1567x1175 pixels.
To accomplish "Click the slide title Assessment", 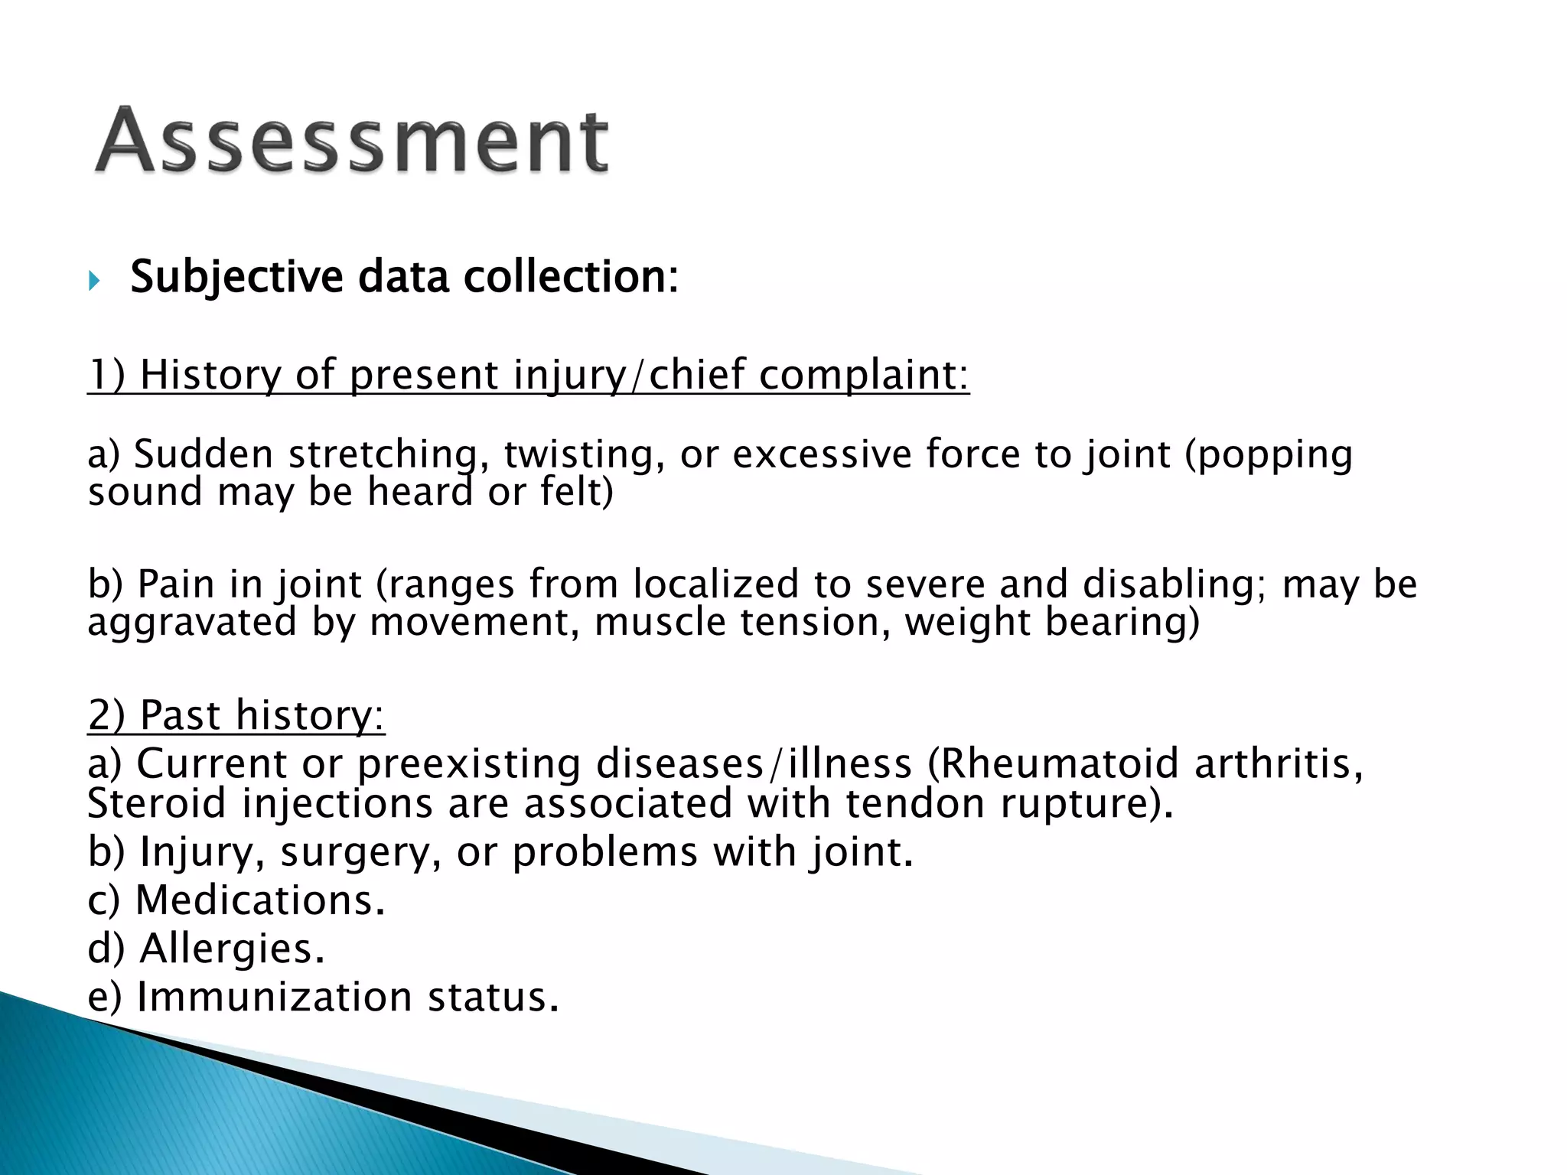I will [352, 142].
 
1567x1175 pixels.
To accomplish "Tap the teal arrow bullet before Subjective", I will [94, 281].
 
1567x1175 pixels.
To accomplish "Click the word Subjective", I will [236, 277].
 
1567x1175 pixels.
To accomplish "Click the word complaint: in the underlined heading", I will [864, 376].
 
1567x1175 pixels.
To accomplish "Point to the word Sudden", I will [204, 454].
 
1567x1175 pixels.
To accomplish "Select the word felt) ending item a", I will [577, 492].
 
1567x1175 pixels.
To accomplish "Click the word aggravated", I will [191, 622].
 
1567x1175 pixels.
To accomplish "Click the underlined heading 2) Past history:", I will [236, 716].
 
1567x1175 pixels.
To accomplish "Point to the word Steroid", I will [158, 804].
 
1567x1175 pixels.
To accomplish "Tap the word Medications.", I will [259, 900].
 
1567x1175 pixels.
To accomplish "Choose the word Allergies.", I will [232, 949].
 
